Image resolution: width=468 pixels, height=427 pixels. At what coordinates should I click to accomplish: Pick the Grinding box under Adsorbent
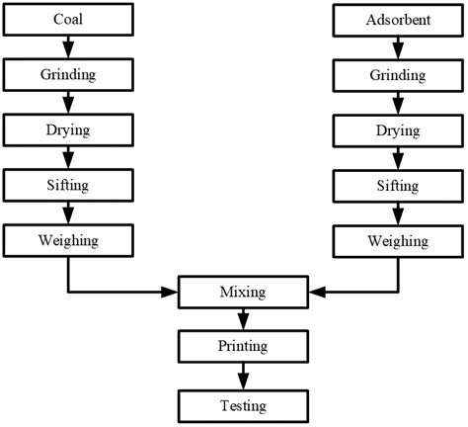coord(398,74)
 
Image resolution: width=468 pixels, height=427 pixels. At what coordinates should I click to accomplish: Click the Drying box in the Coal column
coord(67,129)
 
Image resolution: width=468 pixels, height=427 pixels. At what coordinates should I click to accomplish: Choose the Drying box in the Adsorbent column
coord(398,129)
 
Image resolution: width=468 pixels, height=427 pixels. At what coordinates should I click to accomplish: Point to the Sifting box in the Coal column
coord(67,185)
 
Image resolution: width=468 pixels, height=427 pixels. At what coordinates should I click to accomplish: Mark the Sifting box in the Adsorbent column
coord(398,185)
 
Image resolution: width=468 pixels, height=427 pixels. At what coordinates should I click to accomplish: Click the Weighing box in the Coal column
coord(67,240)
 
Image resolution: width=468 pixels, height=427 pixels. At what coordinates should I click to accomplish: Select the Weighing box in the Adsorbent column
coord(398,240)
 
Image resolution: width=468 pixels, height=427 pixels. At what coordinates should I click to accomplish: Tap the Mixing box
coord(243,293)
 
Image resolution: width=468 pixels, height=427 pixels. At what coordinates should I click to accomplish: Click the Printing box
coord(243,348)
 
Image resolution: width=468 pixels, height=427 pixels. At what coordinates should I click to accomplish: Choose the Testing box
coord(243,403)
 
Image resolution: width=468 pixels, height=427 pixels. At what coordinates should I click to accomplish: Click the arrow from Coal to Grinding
coord(67,45)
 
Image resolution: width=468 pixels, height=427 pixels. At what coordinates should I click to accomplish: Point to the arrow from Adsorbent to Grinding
coord(398,45)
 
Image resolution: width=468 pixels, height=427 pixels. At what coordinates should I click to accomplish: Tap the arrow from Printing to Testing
coord(243,376)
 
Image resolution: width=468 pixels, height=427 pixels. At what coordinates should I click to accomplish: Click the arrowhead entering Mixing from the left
coord(171,293)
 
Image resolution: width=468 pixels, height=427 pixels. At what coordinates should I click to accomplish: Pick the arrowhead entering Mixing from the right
coord(315,293)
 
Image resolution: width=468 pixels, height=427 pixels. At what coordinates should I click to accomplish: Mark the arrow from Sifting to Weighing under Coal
coord(67,213)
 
